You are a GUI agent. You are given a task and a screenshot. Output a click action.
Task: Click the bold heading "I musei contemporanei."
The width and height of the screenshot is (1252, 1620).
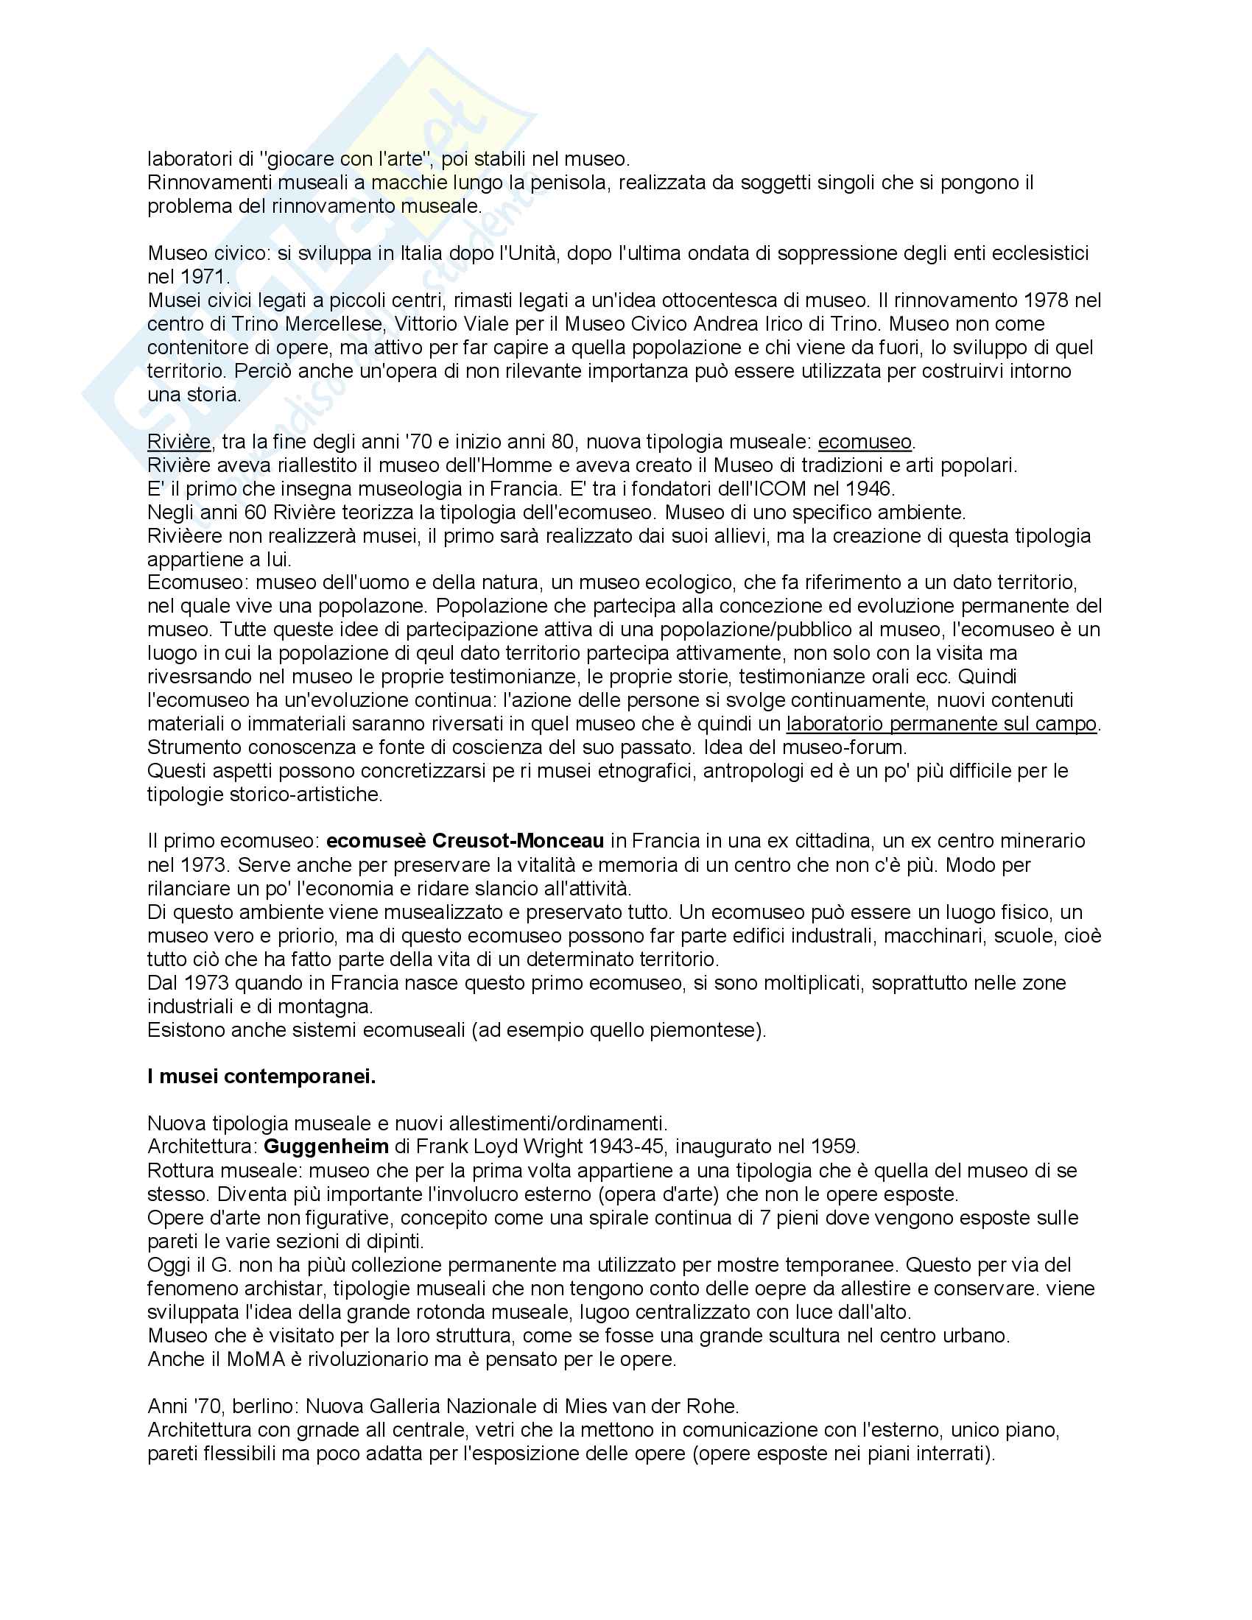[261, 1077]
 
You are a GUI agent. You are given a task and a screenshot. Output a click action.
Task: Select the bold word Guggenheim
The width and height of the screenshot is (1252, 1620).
[326, 1147]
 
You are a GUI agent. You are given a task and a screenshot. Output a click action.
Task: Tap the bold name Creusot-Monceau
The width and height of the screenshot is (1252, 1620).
[518, 841]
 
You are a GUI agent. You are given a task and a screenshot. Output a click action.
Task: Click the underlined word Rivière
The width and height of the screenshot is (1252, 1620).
[180, 442]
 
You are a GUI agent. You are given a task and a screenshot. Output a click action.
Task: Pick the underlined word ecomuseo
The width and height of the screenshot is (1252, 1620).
[864, 442]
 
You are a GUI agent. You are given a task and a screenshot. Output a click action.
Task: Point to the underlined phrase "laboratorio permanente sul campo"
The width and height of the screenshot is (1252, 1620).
[940, 724]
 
